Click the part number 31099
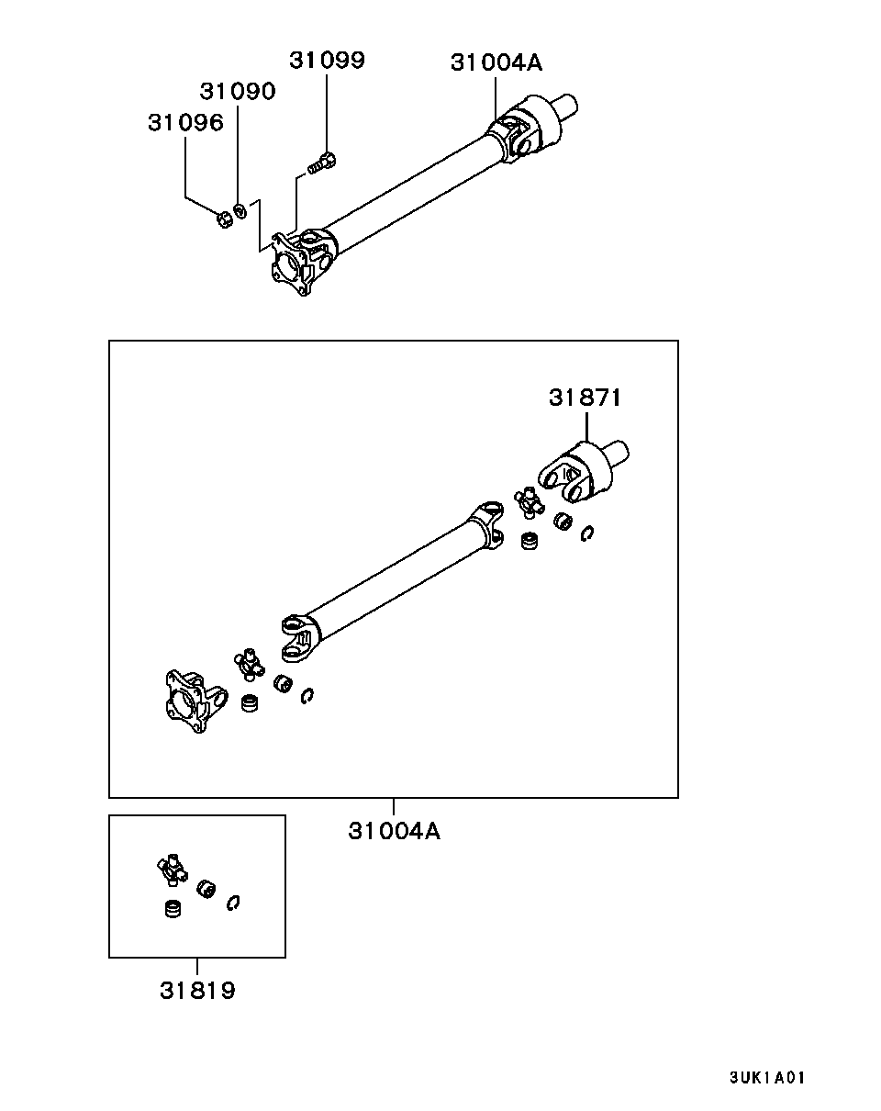[327, 61]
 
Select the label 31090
[238, 92]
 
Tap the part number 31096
[185, 123]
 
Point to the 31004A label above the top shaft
[496, 62]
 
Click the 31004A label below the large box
[394, 831]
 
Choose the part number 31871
[585, 398]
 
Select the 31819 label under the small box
[197, 992]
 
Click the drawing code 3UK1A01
[767, 1078]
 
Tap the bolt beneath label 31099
[321, 163]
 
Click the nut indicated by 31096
[223, 219]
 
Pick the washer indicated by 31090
[240, 211]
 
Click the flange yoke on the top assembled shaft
[296, 264]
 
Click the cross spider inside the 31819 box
[171, 868]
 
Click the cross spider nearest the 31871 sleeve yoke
[529, 502]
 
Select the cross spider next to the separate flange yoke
[249, 663]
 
